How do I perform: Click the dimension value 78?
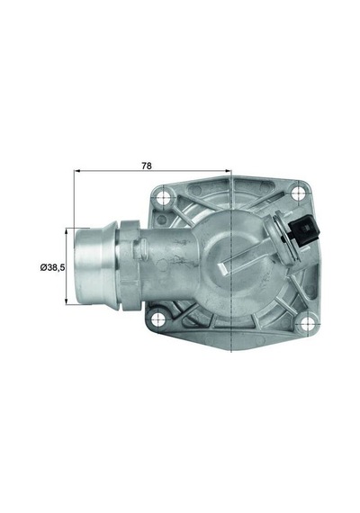pos(170,166)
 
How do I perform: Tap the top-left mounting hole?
pos(163,198)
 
